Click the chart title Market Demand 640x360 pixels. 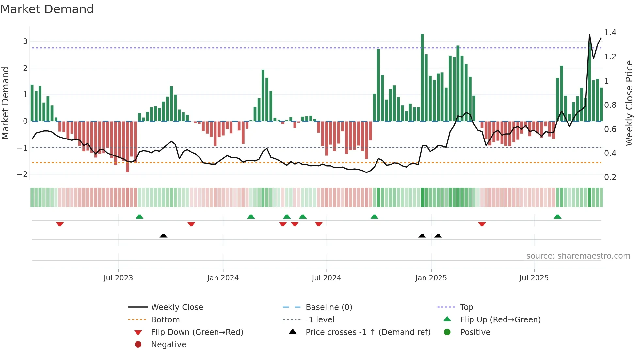click(47, 9)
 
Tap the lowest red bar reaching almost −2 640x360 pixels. click(127, 147)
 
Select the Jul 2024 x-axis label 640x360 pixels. click(326, 278)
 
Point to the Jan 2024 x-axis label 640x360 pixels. click(223, 278)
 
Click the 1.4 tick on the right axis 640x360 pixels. click(610, 33)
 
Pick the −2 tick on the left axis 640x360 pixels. click(22, 174)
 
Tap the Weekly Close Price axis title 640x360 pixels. click(629, 103)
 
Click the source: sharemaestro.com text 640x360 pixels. click(578, 256)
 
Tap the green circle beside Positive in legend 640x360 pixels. click(447, 332)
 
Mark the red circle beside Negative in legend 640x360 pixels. click(138, 345)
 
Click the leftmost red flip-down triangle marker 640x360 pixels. click(60, 224)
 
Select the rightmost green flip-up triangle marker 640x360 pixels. click(557, 217)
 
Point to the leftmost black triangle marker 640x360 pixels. click(163, 236)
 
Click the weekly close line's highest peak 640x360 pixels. click(589, 34)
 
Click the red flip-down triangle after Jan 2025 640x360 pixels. click(482, 224)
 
